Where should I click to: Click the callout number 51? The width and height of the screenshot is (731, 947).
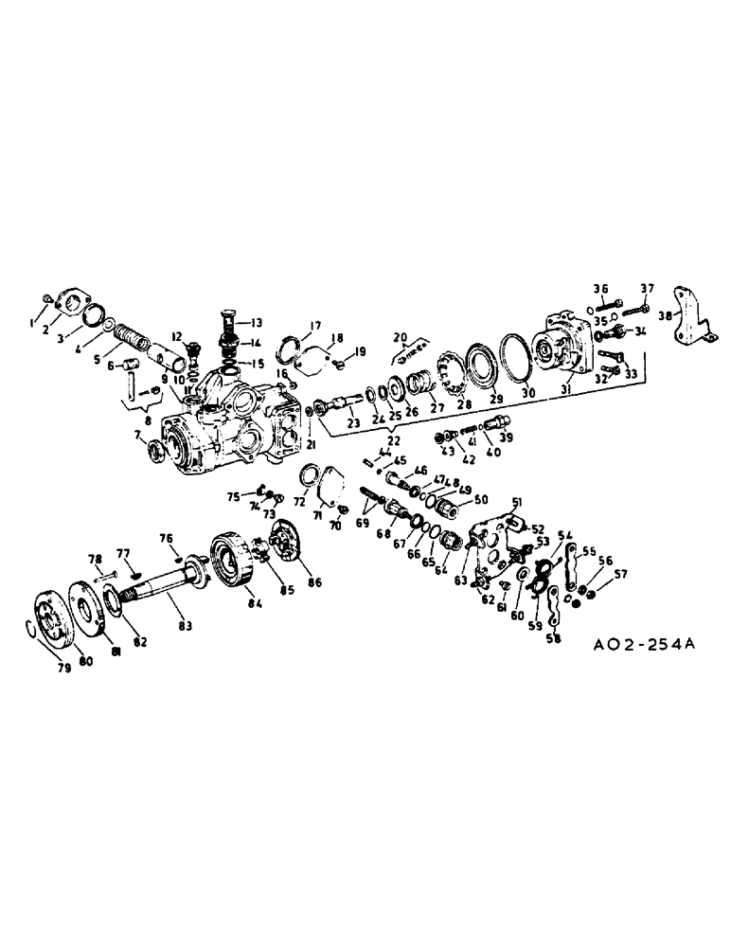(517, 500)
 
